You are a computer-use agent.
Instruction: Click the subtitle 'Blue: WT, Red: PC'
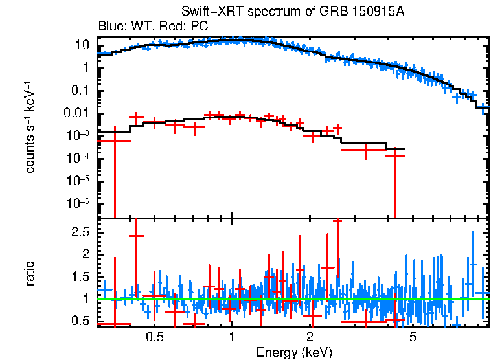point(152,27)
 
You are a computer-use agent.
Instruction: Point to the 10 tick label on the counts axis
point(82,45)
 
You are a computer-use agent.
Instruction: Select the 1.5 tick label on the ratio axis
point(80,276)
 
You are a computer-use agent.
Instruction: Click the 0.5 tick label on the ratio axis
point(80,321)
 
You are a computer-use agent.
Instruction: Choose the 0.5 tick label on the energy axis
point(154,337)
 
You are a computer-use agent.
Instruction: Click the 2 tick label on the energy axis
point(310,337)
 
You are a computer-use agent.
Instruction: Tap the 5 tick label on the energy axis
point(413,337)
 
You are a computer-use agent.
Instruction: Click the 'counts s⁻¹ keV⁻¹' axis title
point(30,127)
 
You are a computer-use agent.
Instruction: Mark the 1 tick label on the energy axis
point(232,337)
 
